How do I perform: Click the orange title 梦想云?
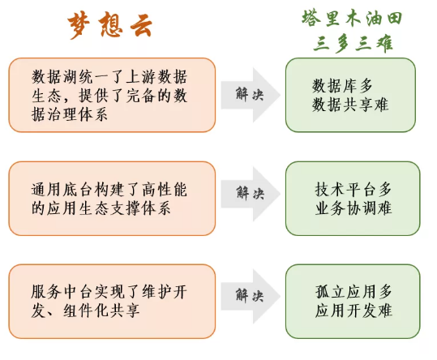110,26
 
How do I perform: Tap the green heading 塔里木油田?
352,19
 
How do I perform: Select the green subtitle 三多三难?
353,44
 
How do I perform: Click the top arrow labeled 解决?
251,95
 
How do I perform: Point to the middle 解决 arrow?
251,194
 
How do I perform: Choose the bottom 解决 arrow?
251,296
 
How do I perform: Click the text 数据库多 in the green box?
342,86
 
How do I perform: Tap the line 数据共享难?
350,105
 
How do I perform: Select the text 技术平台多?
353,189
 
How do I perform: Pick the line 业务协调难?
353,208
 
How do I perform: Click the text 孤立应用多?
353,291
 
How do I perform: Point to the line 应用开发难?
353,311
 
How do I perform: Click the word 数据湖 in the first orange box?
54,76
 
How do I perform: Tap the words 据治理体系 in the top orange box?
70,114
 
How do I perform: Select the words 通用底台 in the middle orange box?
62,190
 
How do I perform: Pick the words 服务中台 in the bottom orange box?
62,291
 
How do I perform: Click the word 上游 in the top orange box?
141,76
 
